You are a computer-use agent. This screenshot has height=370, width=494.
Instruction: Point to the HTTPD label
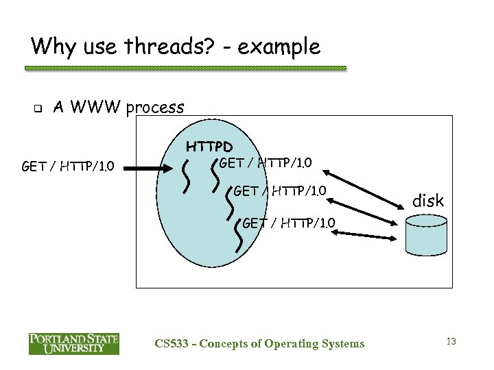click(x=210, y=147)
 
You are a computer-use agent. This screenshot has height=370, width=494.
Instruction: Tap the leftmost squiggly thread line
click(x=185, y=176)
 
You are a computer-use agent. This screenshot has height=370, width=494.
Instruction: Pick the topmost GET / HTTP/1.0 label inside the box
click(x=266, y=162)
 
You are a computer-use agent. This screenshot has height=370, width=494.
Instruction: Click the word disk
click(x=428, y=201)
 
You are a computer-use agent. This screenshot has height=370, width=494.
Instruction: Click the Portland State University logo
click(x=74, y=343)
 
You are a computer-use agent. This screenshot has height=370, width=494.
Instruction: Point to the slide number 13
click(x=451, y=341)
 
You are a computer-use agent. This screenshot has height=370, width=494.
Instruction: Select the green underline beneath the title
click(x=185, y=69)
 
